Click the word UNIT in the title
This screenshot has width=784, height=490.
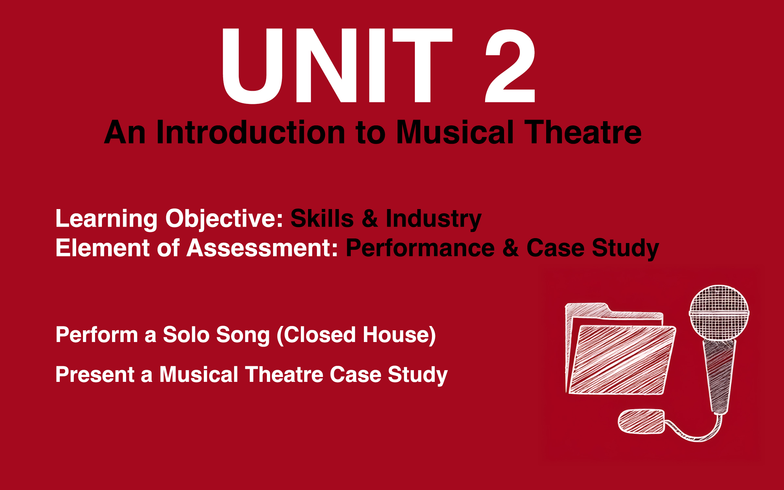pyautogui.click(x=336, y=65)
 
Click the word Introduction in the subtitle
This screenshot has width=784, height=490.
pyautogui.click(x=251, y=132)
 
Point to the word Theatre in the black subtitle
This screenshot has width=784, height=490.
pyautogui.click(x=583, y=132)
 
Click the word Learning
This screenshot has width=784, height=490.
pyautogui.click(x=106, y=219)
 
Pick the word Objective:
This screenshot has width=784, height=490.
pyautogui.click(x=224, y=219)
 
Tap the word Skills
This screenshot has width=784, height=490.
pyautogui.click(x=322, y=219)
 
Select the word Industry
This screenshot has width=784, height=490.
pyautogui.click(x=433, y=219)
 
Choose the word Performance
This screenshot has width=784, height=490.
pyautogui.click(x=420, y=248)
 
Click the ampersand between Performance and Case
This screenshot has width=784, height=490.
pyautogui.click(x=511, y=248)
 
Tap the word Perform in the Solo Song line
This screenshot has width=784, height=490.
pyautogui.click(x=97, y=335)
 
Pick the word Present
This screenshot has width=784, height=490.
pyautogui.click(x=95, y=374)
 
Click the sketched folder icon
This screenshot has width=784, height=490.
pyautogui.click(x=617, y=353)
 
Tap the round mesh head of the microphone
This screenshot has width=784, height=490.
pyautogui.click(x=719, y=312)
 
